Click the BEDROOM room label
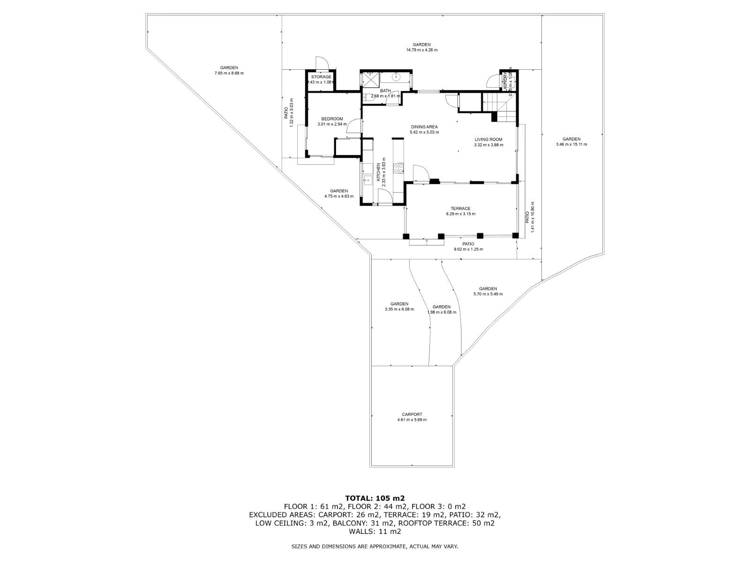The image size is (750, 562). [332, 119]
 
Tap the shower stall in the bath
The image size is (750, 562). [370, 79]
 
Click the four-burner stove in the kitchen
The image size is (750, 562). [398, 168]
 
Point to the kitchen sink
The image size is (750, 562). [366, 179]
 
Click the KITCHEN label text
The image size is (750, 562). [379, 172]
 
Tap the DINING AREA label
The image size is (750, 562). [424, 127]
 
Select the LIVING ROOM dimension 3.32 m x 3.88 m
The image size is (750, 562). [488, 145]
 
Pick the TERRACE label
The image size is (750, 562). [460, 209]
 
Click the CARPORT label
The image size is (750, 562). [412, 414]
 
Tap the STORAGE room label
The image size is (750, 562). [321, 77]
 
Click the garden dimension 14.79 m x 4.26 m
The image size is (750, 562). [422, 50]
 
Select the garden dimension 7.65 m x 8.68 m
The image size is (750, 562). [229, 73]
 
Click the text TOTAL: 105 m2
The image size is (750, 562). [375, 498]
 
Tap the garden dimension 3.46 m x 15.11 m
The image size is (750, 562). [571, 145]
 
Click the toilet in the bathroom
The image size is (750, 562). [365, 97]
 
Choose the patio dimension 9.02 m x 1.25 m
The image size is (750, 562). [468, 249]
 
